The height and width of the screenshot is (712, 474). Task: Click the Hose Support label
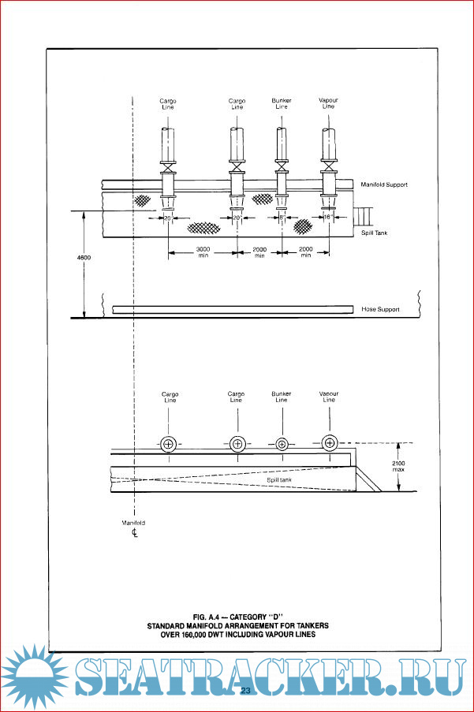click(x=379, y=310)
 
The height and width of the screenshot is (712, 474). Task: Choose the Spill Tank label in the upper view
click(x=375, y=233)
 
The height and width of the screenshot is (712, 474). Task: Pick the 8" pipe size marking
click(x=281, y=216)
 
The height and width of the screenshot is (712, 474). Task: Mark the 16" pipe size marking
click(x=327, y=216)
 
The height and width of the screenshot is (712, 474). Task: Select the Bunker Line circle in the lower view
click(x=282, y=444)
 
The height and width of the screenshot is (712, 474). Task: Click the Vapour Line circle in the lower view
click(x=329, y=443)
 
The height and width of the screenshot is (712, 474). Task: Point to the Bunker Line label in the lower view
click(x=282, y=397)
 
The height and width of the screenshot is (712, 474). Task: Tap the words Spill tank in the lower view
click(x=280, y=479)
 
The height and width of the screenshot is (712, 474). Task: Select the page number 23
click(x=245, y=691)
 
